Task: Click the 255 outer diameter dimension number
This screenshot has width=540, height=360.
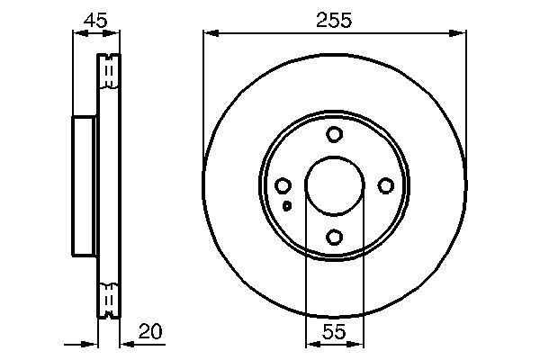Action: pos(335,19)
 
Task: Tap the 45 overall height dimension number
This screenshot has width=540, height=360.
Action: pos(94,19)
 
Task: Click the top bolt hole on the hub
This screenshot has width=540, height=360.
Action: pos(335,135)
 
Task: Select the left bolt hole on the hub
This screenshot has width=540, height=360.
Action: pos(283,186)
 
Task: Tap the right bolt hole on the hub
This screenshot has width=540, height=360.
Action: pos(386,186)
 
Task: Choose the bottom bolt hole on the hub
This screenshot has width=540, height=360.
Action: pos(335,238)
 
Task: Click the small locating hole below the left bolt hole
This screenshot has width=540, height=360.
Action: pos(286,205)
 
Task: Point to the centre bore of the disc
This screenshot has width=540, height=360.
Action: pos(335,186)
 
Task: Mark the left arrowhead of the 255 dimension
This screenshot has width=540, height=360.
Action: pos(210,33)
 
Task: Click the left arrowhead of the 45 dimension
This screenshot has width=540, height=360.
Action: pos(76,33)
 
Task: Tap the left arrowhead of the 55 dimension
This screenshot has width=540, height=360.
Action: pos(310,343)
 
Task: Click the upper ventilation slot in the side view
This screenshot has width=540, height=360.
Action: pos(108,72)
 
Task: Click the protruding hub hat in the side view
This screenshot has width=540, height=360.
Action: pos(83,186)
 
